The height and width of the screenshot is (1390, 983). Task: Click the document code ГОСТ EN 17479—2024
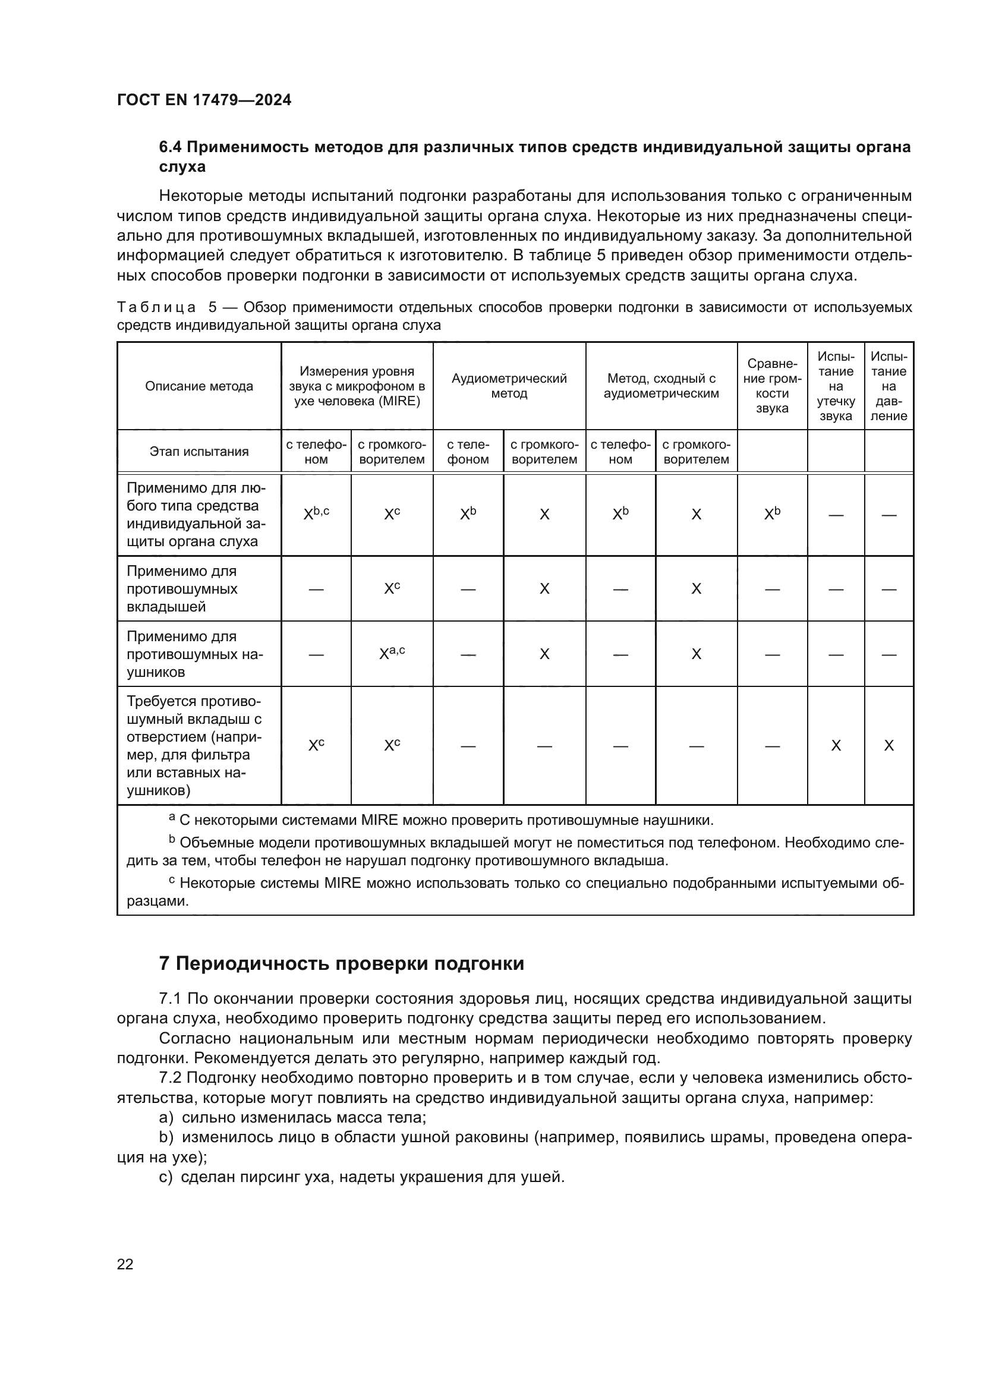point(204,100)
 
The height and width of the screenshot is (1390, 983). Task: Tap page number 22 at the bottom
point(125,1264)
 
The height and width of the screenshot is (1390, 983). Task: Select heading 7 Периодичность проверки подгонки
point(341,963)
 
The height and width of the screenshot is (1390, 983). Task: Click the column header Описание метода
point(199,386)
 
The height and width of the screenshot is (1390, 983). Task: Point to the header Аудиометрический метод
point(509,386)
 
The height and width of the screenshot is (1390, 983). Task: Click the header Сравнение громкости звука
point(772,386)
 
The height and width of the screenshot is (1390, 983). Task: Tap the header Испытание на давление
point(889,386)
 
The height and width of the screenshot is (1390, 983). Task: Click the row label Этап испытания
point(199,452)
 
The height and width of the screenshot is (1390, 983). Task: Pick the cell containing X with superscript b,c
point(316,514)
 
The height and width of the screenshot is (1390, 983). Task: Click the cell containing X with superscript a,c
point(392,654)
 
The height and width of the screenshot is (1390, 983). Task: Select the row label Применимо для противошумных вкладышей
point(182,588)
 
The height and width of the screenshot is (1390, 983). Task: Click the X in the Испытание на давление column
point(889,746)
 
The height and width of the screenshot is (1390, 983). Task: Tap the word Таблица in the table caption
point(156,308)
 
